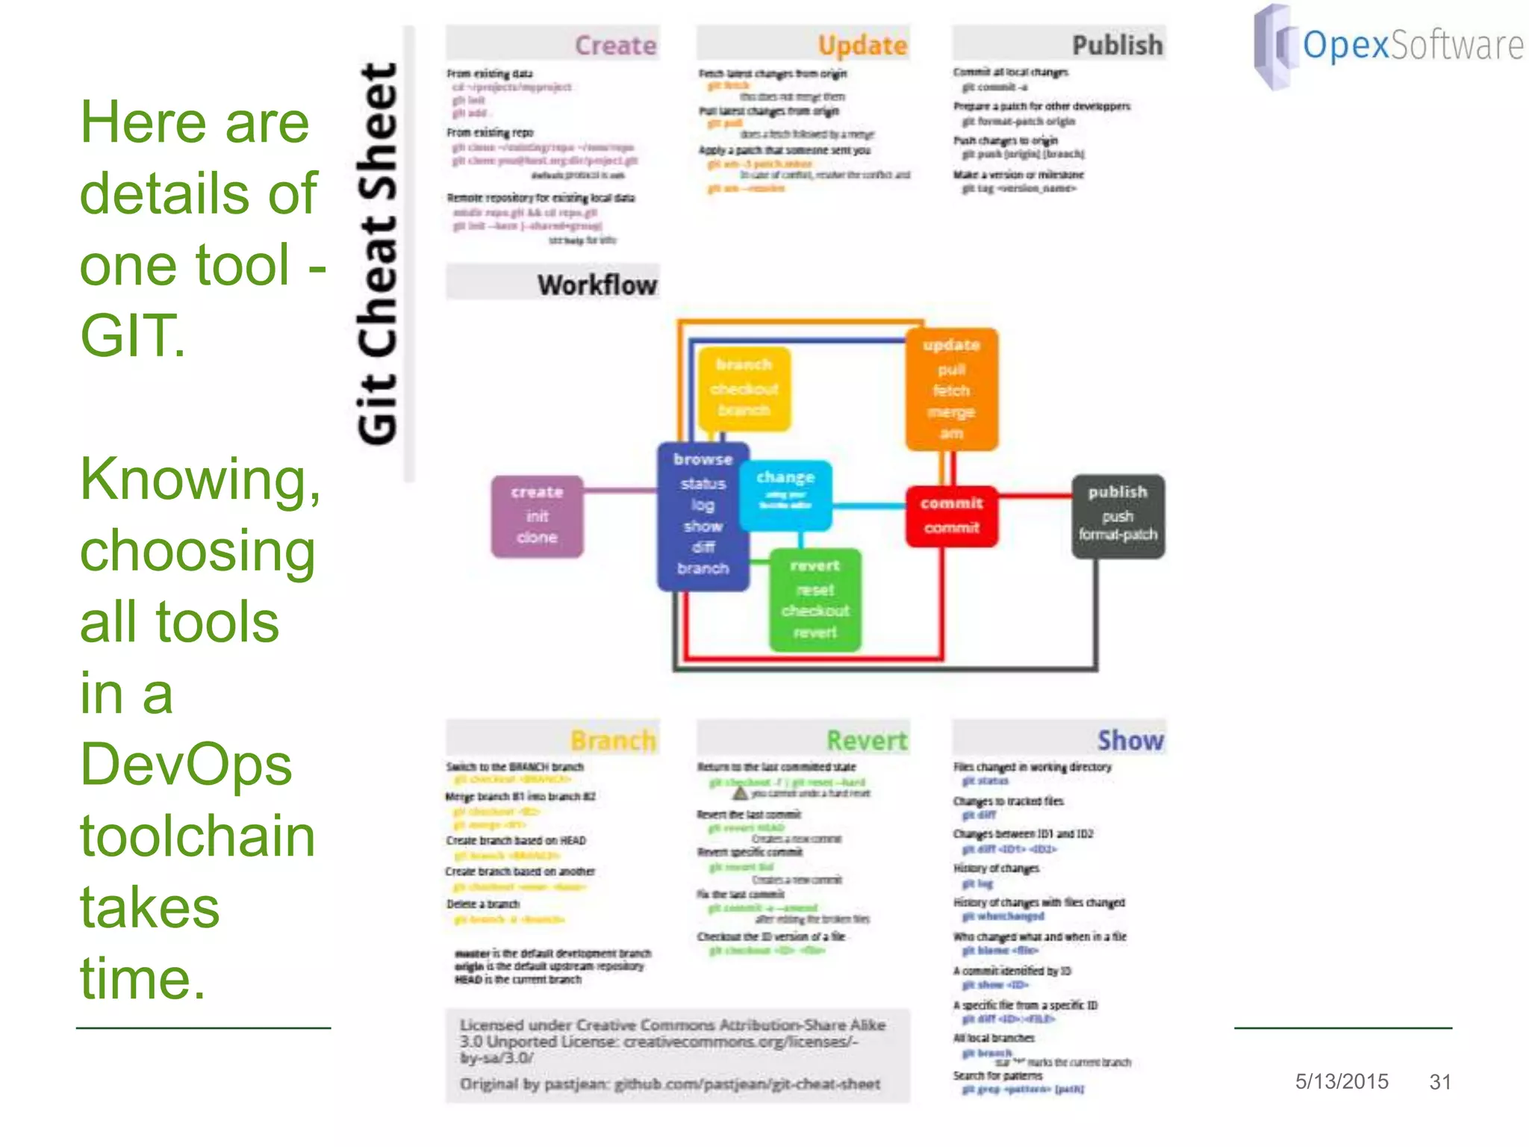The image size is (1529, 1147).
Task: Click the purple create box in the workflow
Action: click(537, 516)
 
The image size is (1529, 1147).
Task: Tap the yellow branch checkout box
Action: click(744, 388)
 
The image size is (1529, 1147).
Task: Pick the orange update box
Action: click(951, 389)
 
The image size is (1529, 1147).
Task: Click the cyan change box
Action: click(785, 494)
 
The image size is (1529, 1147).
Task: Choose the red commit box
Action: click(951, 515)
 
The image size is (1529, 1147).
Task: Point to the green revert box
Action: click(815, 600)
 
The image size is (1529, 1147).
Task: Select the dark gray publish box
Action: click(1118, 516)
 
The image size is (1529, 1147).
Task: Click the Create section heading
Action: click(615, 46)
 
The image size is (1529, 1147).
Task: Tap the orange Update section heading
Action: click(862, 46)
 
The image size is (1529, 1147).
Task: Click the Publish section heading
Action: click(1117, 46)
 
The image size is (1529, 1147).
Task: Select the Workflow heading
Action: click(597, 285)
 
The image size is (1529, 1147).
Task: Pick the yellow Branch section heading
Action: click(613, 740)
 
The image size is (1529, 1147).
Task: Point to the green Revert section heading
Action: click(866, 740)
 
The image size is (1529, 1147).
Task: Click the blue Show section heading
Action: click(1130, 740)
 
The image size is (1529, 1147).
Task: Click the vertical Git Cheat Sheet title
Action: click(378, 254)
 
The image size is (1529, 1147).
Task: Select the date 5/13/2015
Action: click(1342, 1081)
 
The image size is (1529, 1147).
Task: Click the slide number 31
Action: click(1440, 1081)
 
